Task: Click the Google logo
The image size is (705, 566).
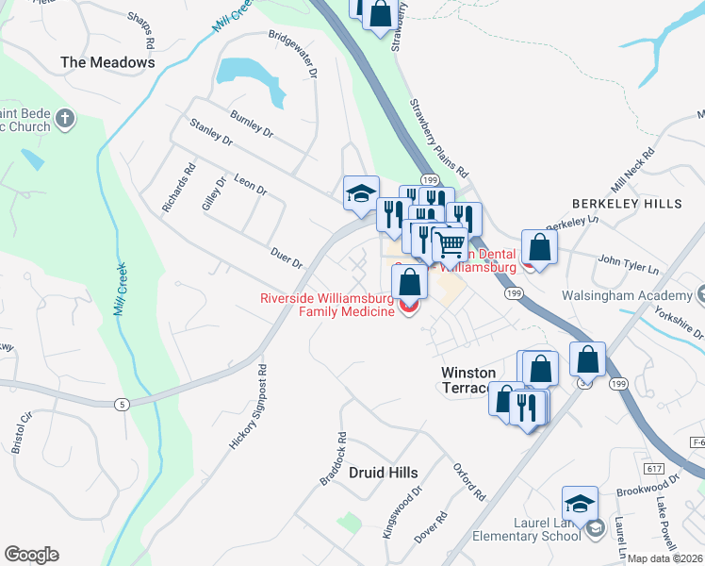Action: [31, 555]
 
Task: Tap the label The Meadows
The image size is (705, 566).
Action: [107, 62]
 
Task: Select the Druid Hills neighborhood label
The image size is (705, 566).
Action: [383, 472]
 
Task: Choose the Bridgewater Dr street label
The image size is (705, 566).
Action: [293, 55]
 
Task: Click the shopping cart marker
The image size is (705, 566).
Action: [451, 243]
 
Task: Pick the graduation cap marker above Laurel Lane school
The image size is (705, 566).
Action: [581, 502]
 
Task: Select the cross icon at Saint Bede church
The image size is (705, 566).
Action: [64, 119]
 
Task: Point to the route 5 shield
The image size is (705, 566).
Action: [121, 405]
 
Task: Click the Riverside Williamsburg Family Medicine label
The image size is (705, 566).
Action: [326, 306]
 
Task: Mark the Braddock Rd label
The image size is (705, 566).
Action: [334, 459]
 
